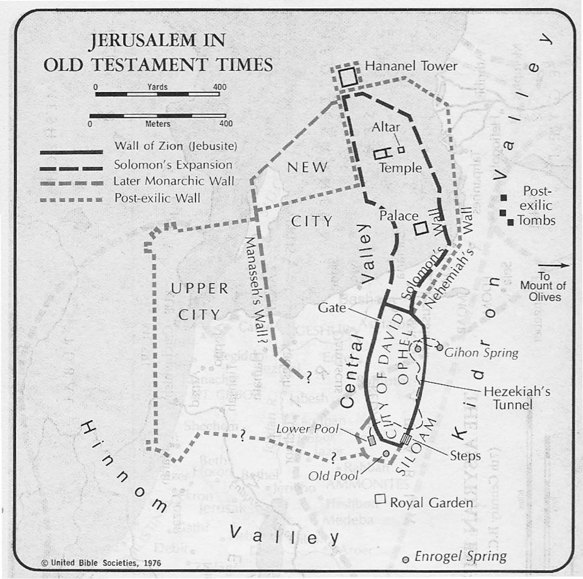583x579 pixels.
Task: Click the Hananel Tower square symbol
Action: (348, 78)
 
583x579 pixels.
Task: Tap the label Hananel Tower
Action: (410, 66)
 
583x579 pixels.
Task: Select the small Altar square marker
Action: (401, 149)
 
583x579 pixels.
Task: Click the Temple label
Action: (400, 168)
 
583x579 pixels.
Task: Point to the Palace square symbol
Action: (421, 228)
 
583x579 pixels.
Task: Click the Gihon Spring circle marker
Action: (439, 347)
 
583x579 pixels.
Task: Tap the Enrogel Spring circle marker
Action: (405, 560)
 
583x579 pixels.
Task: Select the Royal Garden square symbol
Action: (380, 499)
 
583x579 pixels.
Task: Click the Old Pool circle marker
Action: (386, 453)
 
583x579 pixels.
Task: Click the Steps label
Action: (465, 455)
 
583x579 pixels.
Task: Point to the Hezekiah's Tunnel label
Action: (516, 398)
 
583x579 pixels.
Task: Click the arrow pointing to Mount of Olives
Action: (554, 265)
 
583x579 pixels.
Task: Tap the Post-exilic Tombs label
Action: (536, 206)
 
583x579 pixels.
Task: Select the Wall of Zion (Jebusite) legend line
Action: (71, 152)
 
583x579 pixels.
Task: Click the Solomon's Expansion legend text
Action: (173, 165)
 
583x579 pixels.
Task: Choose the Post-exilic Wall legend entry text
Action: (157, 198)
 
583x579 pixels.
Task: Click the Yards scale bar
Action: (157, 94)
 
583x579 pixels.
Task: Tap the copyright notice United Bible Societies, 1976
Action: (101, 563)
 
